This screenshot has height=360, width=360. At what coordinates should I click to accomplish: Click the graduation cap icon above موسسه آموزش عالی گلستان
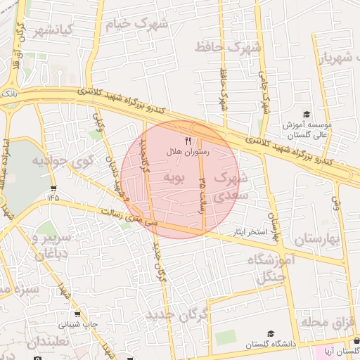pos(306,115)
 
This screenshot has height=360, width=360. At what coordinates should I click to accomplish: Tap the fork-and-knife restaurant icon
pos(188,141)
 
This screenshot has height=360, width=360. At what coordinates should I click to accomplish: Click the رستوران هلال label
pos(184,152)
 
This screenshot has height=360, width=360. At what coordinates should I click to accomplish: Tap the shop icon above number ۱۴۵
pos(53,188)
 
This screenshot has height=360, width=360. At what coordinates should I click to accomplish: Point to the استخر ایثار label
pos(248,231)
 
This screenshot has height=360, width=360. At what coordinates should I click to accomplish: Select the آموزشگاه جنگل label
pos(274,268)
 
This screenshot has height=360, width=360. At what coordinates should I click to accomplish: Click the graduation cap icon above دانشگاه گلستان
pos(271,334)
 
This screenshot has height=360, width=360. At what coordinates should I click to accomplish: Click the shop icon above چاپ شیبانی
pos(77,314)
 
